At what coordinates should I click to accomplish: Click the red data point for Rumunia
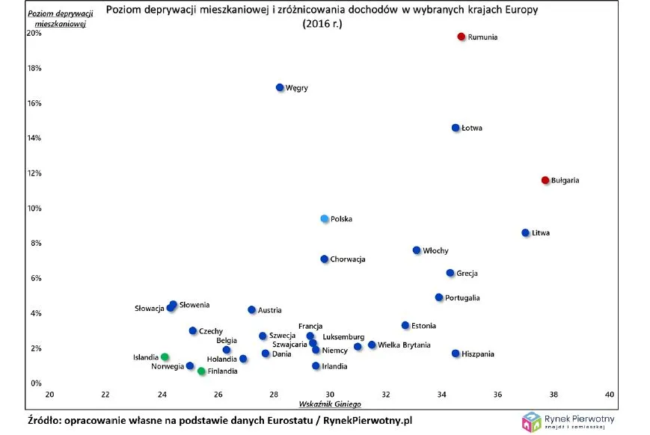click(x=462, y=37)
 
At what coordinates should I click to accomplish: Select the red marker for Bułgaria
click(x=545, y=180)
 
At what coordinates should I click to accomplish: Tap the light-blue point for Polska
click(x=325, y=219)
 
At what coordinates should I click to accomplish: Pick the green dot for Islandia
click(x=165, y=357)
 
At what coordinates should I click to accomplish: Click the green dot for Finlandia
click(x=201, y=371)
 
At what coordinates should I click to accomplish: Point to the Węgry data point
click(x=280, y=87)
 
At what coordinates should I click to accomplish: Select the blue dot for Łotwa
click(x=456, y=128)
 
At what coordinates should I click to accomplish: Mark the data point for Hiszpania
click(x=456, y=354)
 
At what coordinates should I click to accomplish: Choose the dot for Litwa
click(x=525, y=232)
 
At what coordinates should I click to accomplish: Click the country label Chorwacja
click(x=348, y=259)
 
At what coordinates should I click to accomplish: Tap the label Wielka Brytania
click(x=404, y=345)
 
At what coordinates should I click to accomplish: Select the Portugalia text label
click(x=462, y=297)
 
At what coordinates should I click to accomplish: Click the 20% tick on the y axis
click(x=34, y=33)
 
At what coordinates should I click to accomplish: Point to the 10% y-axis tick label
click(x=34, y=208)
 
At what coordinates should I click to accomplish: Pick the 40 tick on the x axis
click(x=610, y=394)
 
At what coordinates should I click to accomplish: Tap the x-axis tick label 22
click(x=105, y=394)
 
